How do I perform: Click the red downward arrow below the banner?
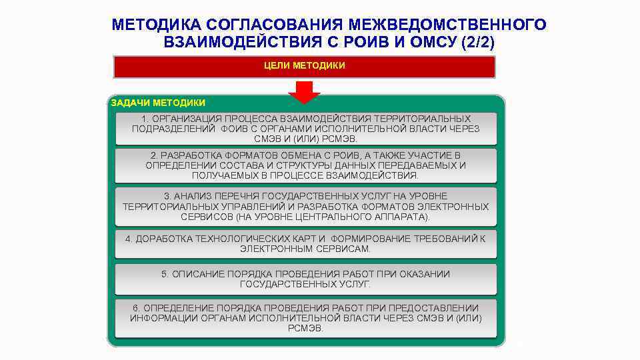pos(305,91)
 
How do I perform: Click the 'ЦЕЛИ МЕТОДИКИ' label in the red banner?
pos(305,66)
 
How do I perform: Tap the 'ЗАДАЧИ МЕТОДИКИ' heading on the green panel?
pos(158,103)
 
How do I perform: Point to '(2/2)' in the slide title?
pos(477,42)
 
